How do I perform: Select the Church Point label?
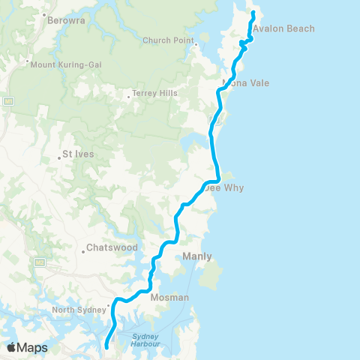pos(163,40)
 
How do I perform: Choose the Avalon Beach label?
pos(283,28)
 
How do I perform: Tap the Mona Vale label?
pos(246,83)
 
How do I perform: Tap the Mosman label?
pos(169,297)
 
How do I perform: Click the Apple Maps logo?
pos(27,347)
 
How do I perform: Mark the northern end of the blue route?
pos(253,13)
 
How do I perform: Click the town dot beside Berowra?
pos(44,16)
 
